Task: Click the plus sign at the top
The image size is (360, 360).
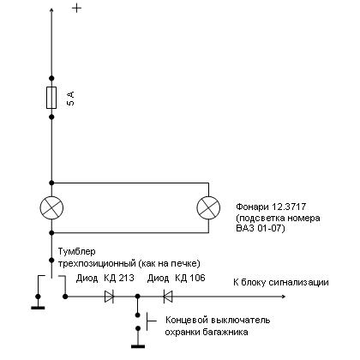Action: tap(76, 8)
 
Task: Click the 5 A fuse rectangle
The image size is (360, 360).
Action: tap(51, 98)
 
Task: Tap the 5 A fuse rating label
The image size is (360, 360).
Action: tap(70, 99)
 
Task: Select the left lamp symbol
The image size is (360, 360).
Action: tap(51, 207)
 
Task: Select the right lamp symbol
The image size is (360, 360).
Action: tap(208, 207)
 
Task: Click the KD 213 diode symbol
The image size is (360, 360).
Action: tap(110, 297)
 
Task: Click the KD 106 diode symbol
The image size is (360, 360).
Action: tap(168, 297)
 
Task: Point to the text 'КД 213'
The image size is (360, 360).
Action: tap(119, 278)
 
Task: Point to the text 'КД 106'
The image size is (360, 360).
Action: tap(190, 278)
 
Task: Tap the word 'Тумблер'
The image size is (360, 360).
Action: tap(77, 252)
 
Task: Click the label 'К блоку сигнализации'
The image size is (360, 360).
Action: tap(281, 283)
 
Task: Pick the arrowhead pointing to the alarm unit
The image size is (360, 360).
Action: tap(284, 297)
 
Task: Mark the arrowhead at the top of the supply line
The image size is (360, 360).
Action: tap(51, 10)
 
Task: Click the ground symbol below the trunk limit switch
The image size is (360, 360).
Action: tap(138, 346)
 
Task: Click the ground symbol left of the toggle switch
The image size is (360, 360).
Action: tap(38, 308)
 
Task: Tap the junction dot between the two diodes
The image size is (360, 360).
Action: tap(138, 297)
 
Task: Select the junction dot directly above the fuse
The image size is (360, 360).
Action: tap(51, 78)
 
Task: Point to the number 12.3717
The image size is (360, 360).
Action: tap(289, 207)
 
